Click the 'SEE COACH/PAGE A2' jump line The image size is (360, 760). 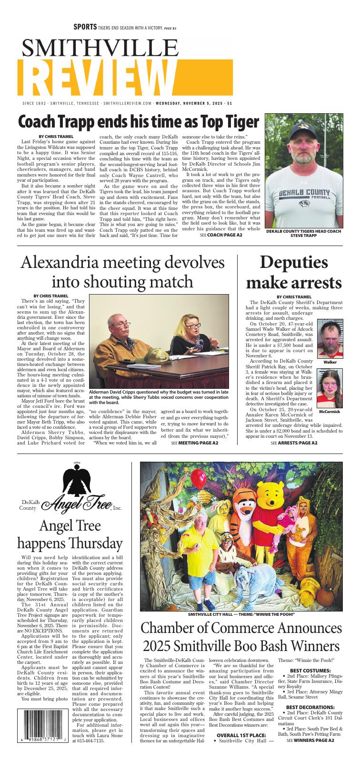tap(221, 235)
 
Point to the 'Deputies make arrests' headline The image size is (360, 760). tap(293, 273)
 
